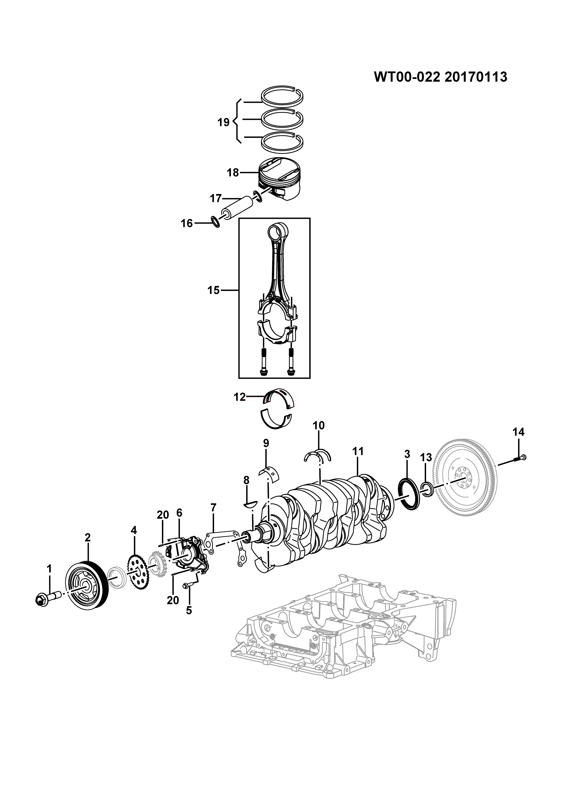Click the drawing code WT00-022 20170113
(440, 77)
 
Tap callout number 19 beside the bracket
(223, 122)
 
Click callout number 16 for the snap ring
(187, 223)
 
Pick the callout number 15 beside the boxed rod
(214, 290)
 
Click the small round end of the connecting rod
(278, 232)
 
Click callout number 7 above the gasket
(213, 508)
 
